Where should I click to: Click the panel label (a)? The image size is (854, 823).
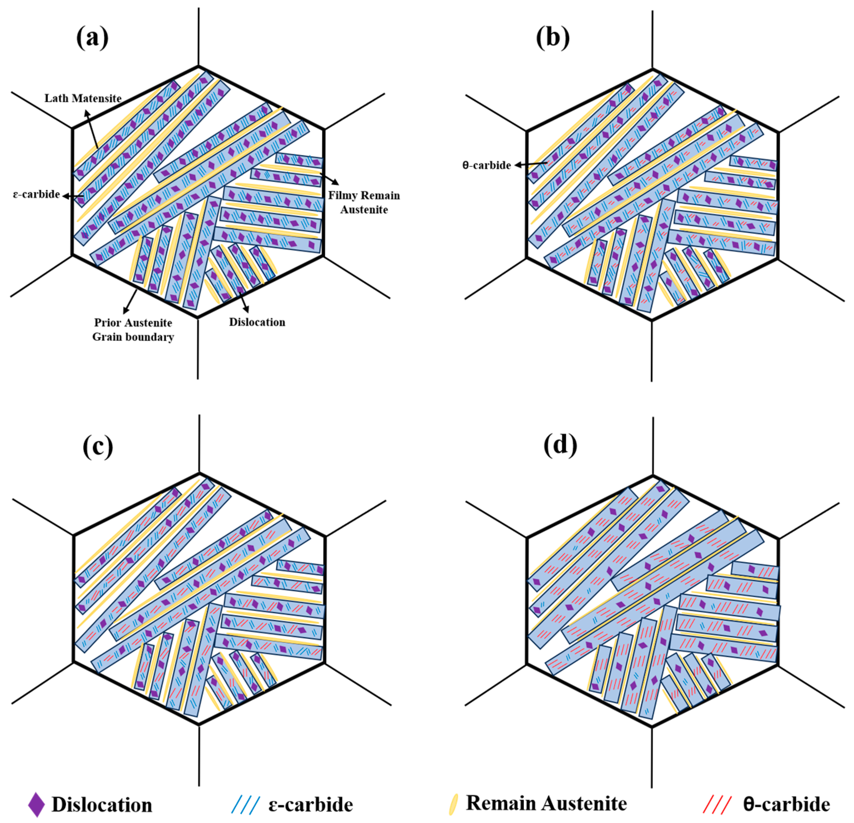coord(92,38)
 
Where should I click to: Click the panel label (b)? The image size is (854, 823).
coord(553,38)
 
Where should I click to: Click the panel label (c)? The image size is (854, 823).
coord(98,447)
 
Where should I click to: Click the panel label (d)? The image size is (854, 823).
coord(560,445)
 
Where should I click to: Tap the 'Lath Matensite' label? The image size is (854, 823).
coord(83,99)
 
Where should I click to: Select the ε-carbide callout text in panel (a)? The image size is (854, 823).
coord(36,194)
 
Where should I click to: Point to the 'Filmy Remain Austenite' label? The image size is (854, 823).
coord(364,202)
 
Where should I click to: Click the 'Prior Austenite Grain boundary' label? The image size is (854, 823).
coord(133,330)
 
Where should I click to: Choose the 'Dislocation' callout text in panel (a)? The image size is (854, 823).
coord(257,322)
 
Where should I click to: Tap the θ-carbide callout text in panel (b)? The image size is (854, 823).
coord(486,166)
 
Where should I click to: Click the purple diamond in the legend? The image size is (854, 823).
coord(36,805)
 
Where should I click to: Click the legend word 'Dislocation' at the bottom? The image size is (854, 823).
coord(102,805)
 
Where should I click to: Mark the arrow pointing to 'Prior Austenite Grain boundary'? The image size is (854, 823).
coord(130,301)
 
